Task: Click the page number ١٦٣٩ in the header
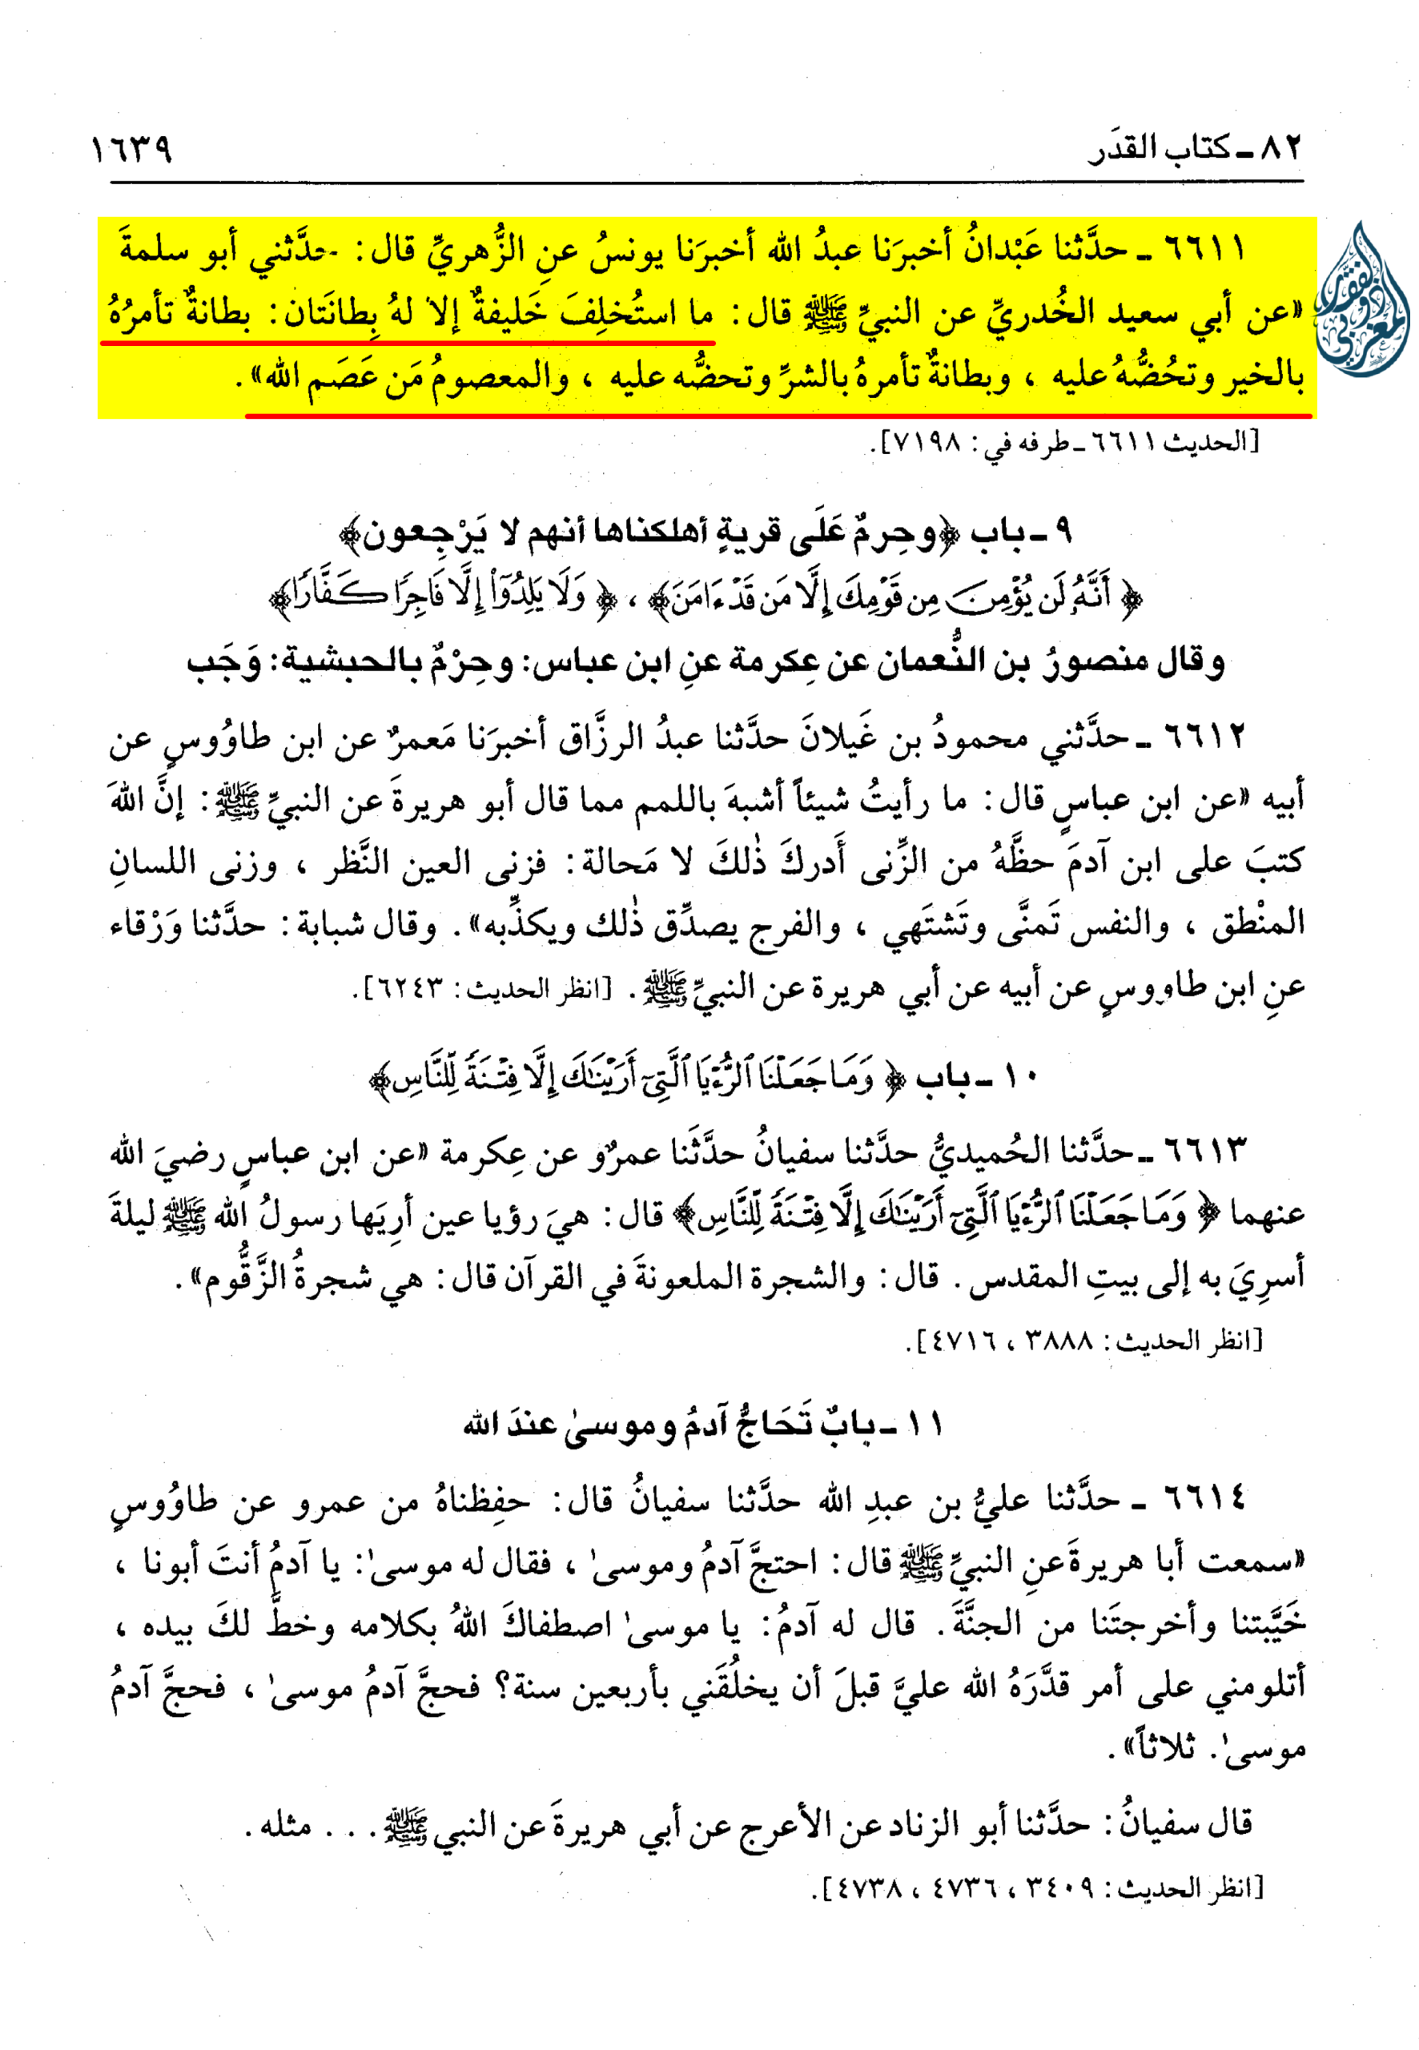[x=131, y=150]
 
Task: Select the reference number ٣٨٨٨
[x=1057, y=1341]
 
